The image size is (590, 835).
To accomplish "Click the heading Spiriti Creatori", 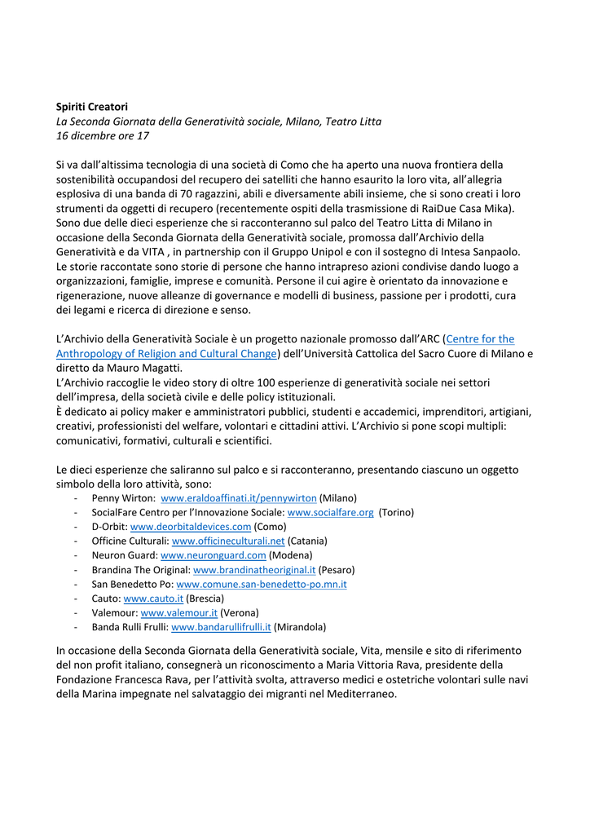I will pyautogui.click(x=91, y=107).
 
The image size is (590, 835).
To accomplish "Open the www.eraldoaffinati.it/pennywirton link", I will pyautogui.click(x=239, y=498).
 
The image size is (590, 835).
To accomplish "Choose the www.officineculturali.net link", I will pyautogui.click(x=228, y=541).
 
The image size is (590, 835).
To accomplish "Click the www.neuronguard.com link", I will pyautogui.click(x=214, y=555).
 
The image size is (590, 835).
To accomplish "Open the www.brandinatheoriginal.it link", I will pyautogui.click(x=254, y=570).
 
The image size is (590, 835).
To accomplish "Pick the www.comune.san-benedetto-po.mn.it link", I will pyautogui.click(x=262, y=585).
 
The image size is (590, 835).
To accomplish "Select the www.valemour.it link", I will pyautogui.click(x=179, y=612).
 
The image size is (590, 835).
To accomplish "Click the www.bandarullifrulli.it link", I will pyautogui.click(x=221, y=627).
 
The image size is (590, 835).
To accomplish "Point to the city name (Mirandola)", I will pyautogui.click(x=300, y=627).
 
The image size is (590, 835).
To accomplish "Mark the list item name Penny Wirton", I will pyautogui.click(x=123, y=498).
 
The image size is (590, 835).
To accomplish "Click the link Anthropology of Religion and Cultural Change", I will pyautogui.click(x=167, y=354).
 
